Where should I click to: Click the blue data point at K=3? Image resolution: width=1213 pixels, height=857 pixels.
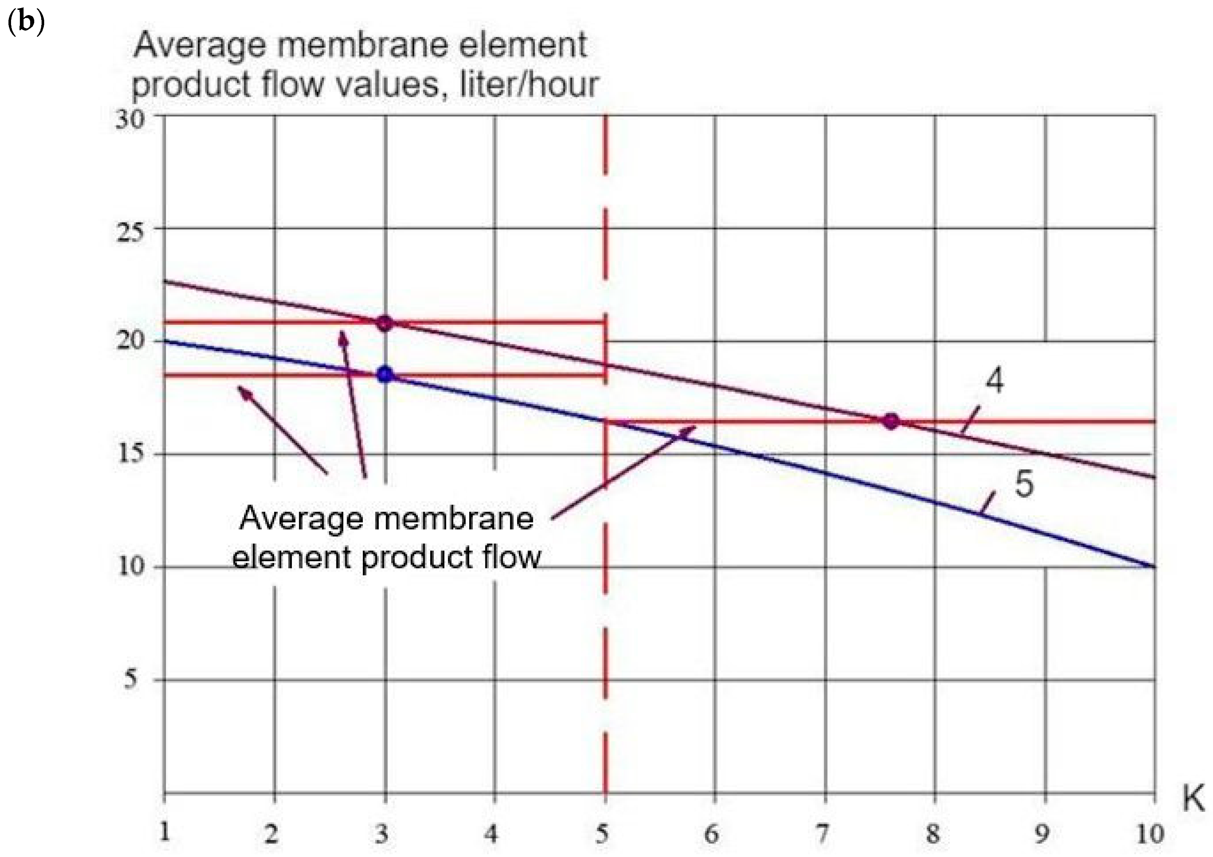(x=385, y=375)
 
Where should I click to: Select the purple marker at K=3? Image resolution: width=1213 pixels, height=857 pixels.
(x=385, y=323)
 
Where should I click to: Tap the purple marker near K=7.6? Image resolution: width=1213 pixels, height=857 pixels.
(x=891, y=422)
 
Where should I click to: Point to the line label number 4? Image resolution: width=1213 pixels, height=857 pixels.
(x=994, y=381)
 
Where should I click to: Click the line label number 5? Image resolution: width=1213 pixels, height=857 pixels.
(x=1024, y=484)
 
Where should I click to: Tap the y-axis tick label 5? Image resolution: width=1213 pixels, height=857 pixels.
(x=131, y=678)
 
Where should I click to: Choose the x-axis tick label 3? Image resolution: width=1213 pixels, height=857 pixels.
(x=382, y=834)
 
